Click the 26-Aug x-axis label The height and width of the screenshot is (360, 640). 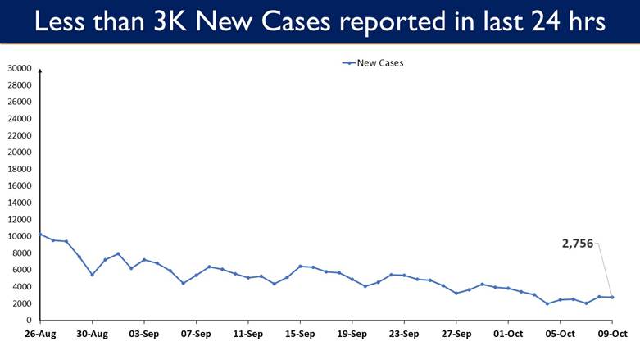click(x=39, y=334)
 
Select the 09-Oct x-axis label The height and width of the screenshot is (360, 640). click(x=612, y=334)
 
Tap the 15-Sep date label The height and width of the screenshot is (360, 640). click(x=300, y=334)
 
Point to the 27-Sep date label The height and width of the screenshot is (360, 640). click(x=456, y=334)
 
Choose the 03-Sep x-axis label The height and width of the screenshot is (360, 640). click(x=144, y=334)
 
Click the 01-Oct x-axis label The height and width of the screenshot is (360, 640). click(x=508, y=334)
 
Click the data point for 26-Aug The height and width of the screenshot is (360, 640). click(x=40, y=235)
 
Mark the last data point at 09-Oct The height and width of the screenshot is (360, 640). click(x=612, y=297)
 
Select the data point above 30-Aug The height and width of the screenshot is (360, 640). click(x=92, y=275)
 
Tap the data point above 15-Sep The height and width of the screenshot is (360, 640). click(x=300, y=266)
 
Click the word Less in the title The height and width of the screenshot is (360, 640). click(x=60, y=22)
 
